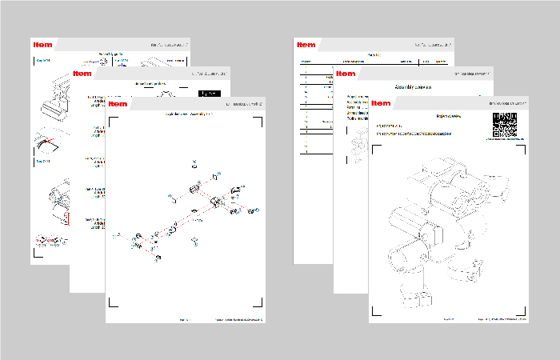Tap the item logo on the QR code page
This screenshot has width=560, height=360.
tap(381, 103)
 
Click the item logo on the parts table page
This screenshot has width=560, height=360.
tap(305, 44)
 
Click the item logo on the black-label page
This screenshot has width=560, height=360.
tap(82, 73)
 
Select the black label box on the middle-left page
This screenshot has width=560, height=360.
tap(209, 93)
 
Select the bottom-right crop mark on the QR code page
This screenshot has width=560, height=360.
tap(522, 305)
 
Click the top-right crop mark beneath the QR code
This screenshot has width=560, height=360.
tap(522, 142)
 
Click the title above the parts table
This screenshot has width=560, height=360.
tap(374, 54)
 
